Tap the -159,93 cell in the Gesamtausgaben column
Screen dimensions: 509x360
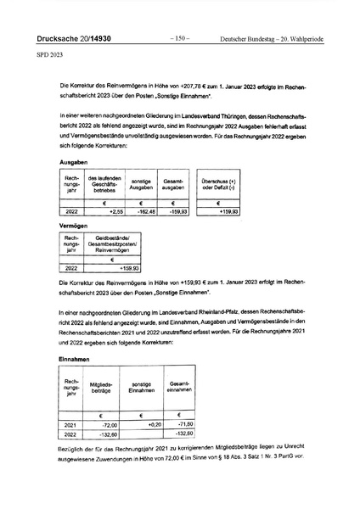click(x=175, y=211)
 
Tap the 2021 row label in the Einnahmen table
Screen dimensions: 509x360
click(x=71, y=424)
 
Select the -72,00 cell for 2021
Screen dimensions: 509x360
click(x=108, y=424)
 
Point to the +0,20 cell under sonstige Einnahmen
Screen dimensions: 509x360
click(x=153, y=424)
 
